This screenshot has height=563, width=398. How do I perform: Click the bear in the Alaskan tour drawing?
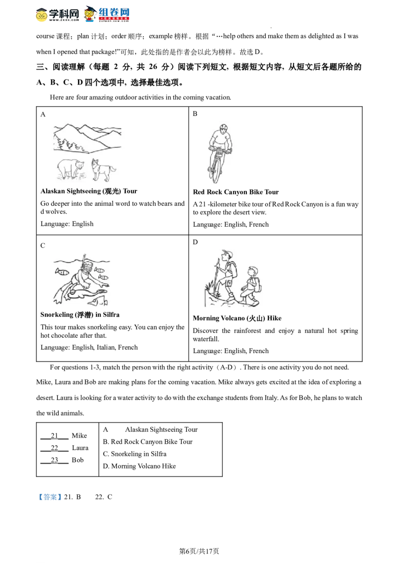71,168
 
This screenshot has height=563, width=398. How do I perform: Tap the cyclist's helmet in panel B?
223,127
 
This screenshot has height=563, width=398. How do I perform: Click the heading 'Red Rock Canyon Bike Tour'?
236,192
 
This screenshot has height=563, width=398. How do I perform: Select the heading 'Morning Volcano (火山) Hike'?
237,318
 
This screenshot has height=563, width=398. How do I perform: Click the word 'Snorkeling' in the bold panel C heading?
57,315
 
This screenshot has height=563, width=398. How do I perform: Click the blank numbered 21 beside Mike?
54,436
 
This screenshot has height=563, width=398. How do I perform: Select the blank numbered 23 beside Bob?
54,461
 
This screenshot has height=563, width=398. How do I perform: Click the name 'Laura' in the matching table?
80,448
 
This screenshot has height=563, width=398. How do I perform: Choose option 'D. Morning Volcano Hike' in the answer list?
139,466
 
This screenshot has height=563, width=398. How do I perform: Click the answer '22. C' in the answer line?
103,497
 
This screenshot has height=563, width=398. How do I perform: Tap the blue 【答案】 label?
50,497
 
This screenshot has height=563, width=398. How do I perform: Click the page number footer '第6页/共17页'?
199,551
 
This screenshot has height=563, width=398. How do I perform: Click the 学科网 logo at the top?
57,14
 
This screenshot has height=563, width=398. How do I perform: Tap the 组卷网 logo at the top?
106,14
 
